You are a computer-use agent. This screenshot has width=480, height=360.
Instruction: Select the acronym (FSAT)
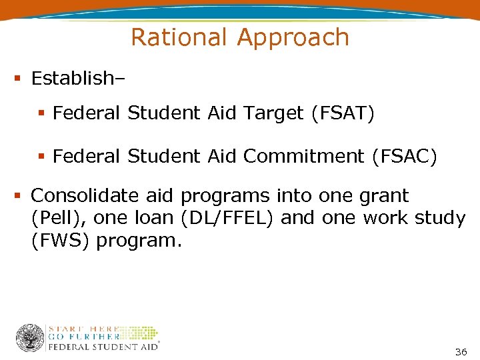click(x=343, y=114)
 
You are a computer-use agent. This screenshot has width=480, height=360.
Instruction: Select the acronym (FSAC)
click(x=403, y=157)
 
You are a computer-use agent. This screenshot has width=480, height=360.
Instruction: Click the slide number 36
click(x=460, y=351)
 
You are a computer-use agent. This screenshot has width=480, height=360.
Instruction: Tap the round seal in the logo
click(x=30, y=338)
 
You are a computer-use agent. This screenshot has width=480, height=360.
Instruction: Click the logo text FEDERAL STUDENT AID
click(x=102, y=347)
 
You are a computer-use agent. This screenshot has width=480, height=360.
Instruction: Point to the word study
click(x=437, y=219)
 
